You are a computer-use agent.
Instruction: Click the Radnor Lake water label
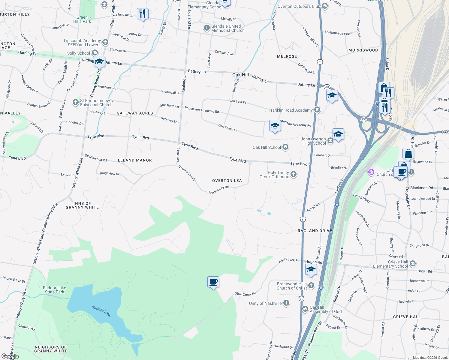click(101, 310)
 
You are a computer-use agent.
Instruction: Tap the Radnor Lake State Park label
click(54, 290)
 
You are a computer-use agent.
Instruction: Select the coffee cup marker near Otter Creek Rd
click(213, 282)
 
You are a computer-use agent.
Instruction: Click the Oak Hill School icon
click(285, 147)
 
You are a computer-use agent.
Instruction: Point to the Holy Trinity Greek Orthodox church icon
click(294, 174)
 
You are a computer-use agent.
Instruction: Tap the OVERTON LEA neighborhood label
click(227, 181)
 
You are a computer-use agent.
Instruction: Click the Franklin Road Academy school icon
click(317, 110)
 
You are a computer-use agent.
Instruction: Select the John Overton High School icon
click(330, 141)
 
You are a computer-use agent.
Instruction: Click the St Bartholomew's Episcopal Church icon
click(76, 103)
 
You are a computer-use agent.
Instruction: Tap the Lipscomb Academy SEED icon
click(105, 42)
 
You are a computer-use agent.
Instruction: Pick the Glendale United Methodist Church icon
click(206, 28)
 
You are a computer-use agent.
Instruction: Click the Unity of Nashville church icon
click(286, 303)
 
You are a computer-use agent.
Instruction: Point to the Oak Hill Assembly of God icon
click(305, 309)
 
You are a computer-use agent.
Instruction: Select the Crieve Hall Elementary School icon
click(412, 264)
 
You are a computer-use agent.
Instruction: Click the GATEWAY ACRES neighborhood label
click(135, 113)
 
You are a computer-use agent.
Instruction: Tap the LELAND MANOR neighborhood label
click(135, 160)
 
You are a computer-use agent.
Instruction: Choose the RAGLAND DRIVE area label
click(315, 231)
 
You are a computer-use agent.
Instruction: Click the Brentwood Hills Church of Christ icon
click(311, 285)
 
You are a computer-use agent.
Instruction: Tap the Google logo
click(10, 356)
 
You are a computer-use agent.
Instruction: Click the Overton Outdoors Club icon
click(324, 6)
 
